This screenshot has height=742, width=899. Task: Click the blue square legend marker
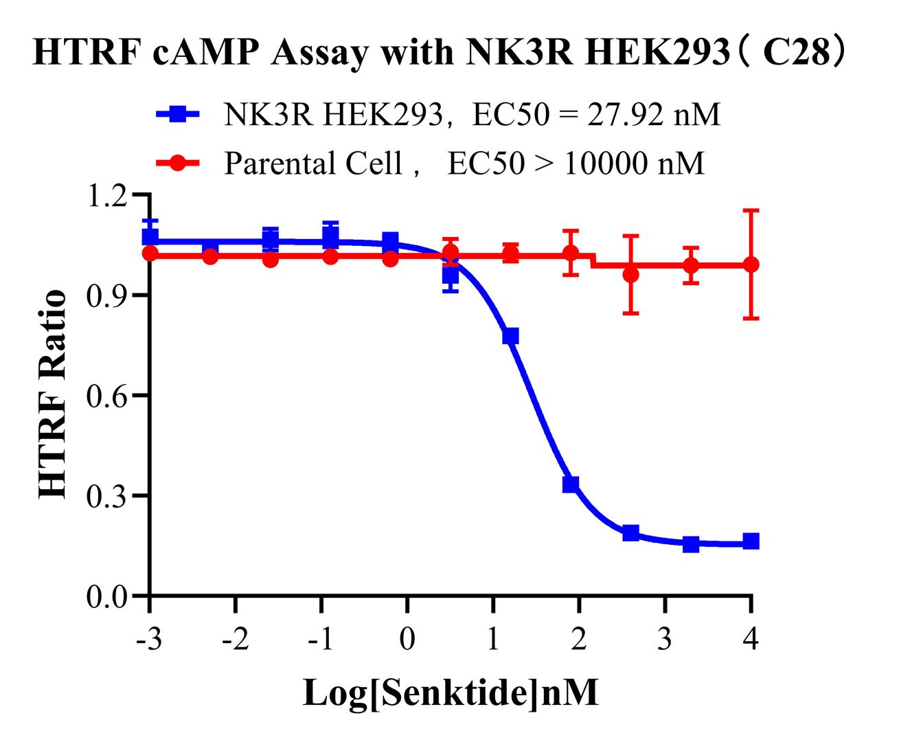[x=177, y=114]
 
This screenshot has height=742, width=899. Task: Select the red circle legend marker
[x=177, y=164]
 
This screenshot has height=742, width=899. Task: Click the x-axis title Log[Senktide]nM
[x=451, y=693]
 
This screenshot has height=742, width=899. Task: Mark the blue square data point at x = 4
[x=751, y=541]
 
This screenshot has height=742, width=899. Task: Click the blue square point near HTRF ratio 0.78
[x=511, y=336]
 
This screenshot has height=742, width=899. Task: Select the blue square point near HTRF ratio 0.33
[x=571, y=484]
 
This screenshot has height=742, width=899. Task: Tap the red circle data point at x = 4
[x=751, y=265]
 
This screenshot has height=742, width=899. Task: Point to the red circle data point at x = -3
[x=150, y=254]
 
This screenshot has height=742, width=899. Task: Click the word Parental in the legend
[x=272, y=164]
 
